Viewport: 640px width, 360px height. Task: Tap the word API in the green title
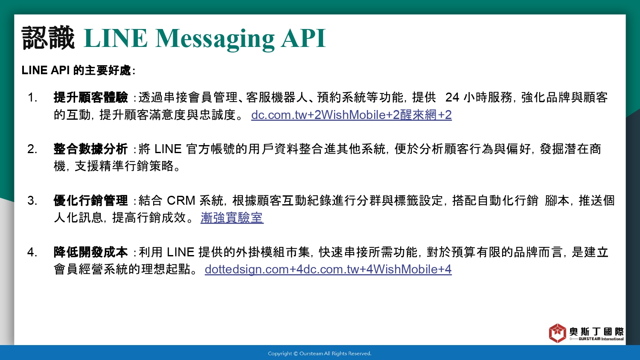303,38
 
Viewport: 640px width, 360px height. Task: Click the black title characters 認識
48,38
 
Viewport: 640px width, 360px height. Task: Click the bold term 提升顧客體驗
90,97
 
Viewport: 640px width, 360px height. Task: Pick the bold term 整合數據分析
90,149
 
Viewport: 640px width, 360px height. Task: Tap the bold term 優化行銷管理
90,200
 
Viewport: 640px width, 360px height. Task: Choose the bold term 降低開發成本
90,252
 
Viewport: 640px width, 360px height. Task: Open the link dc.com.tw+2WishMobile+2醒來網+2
352,115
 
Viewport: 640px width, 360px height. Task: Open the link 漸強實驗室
232,218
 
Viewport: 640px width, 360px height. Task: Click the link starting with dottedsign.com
328,270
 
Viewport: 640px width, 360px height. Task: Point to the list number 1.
32,98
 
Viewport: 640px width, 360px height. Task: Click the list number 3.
32,200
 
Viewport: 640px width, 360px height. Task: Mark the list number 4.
32,252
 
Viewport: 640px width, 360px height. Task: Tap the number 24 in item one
452,98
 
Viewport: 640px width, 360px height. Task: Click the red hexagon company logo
557,333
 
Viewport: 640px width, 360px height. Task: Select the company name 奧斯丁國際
596,332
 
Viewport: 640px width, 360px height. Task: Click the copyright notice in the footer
320,354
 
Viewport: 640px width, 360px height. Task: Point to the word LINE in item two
168,149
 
